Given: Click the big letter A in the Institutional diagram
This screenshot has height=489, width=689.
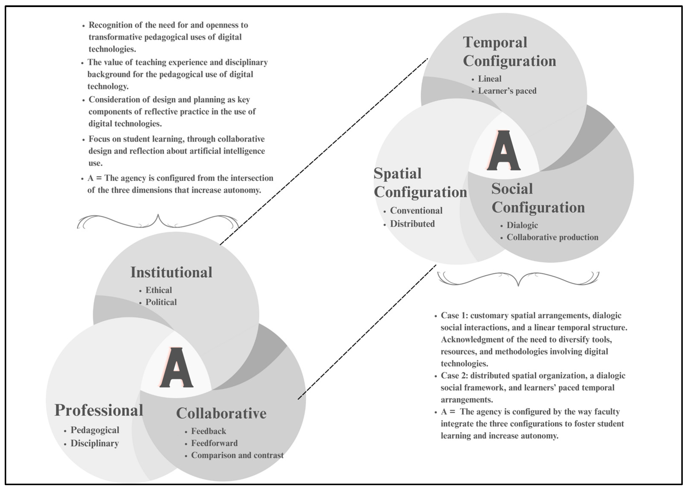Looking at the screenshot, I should [x=176, y=368].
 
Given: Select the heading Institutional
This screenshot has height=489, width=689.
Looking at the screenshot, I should [x=171, y=272].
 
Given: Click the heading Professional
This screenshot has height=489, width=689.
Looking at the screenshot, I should [x=99, y=410].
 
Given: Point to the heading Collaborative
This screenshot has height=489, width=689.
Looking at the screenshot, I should [x=221, y=413].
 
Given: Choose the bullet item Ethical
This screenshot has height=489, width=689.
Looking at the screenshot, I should [x=159, y=290].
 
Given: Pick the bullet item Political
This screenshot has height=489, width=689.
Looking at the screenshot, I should [x=161, y=302].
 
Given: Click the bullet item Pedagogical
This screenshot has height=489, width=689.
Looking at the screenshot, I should [x=95, y=430].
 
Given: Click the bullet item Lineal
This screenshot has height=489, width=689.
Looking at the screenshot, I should [x=490, y=79].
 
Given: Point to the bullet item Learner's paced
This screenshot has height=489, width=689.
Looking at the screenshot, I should [x=507, y=91].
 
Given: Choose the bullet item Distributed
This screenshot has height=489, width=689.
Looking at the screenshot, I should [x=412, y=224].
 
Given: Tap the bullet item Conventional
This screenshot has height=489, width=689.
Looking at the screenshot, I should [x=416, y=211].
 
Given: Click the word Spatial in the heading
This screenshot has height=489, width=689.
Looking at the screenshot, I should [x=397, y=174].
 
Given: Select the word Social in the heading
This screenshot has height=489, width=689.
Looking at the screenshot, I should [x=512, y=189].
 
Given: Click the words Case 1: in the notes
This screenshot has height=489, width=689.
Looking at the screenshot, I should [x=454, y=315].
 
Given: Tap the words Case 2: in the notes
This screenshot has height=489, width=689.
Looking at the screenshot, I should [x=454, y=376].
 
